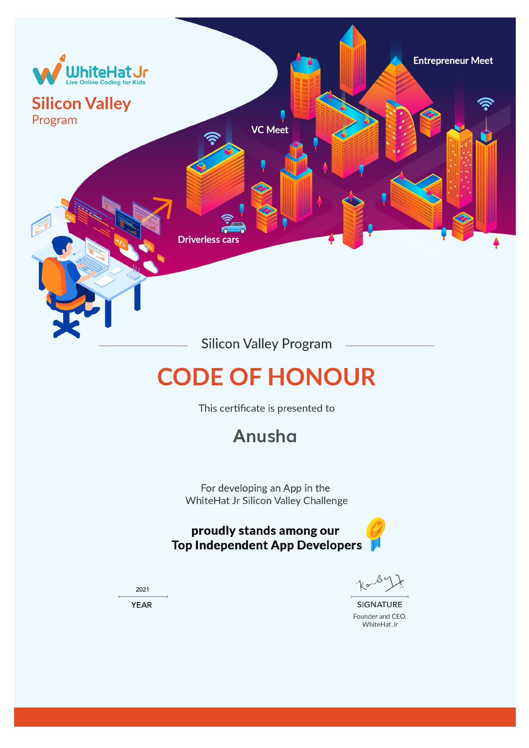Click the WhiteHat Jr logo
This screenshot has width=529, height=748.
[x=90, y=71]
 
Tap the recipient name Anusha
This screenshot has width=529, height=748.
[x=265, y=436]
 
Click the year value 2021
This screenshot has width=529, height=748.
[x=142, y=589]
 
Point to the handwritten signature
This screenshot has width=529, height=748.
[x=379, y=583]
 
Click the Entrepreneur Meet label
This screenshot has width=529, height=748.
[x=453, y=61]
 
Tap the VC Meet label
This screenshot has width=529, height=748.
[x=270, y=130]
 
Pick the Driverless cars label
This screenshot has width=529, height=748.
[x=208, y=240]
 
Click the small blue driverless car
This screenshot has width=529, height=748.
[x=233, y=227]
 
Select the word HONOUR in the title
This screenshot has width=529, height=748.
[x=321, y=377]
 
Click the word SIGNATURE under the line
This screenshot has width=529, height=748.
[x=379, y=604]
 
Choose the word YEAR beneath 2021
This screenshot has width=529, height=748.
[x=142, y=605]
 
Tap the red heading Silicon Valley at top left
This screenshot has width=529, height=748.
[x=81, y=104]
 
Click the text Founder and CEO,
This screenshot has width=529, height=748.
[x=380, y=616]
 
